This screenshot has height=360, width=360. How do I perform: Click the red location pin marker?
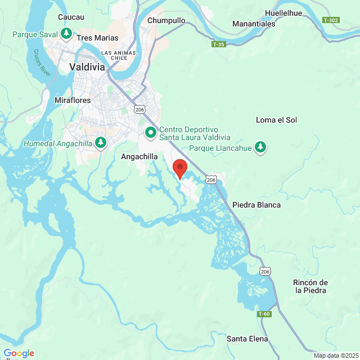[179, 168]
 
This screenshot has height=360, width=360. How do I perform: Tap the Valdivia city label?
[87, 66]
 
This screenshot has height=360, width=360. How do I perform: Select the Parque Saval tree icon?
[66, 34]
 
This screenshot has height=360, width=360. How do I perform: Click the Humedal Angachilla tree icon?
[101, 143]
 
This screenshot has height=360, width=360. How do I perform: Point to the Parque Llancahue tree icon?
[260, 147]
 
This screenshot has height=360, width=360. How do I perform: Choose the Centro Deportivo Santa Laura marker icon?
[151, 133]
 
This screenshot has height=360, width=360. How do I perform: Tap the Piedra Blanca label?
[256, 205]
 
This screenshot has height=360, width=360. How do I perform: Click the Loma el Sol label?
[276, 120]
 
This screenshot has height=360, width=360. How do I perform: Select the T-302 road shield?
[331, 20]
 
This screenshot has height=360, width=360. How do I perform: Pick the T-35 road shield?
[219, 44]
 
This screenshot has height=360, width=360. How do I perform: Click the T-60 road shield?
[264, 313]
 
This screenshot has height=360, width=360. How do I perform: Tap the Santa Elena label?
[247, 339]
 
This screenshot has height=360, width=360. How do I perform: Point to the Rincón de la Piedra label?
[310, 286]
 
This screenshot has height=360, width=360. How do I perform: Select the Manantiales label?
[254, 24]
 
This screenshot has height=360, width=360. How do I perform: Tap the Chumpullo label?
[166, 20]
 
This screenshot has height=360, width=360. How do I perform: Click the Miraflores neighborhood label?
[73, 100]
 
